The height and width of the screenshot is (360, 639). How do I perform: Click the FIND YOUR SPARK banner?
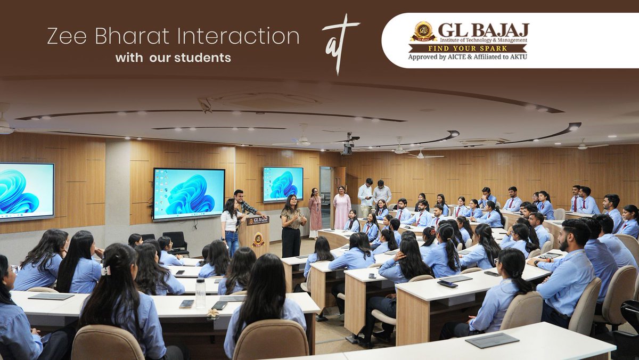[468, 48]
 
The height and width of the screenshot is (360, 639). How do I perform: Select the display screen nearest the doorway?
[282, 184]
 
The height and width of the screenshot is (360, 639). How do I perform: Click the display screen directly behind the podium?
[189, 193]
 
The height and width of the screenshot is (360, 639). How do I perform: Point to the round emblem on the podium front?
[258, 239]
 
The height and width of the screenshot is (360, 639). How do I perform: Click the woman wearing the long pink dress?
[341, 209]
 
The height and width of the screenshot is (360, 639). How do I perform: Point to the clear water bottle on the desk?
[200, 293]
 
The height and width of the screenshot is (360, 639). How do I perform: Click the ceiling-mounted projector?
[347, 146]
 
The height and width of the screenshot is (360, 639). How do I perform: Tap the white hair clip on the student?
[106, 271]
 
